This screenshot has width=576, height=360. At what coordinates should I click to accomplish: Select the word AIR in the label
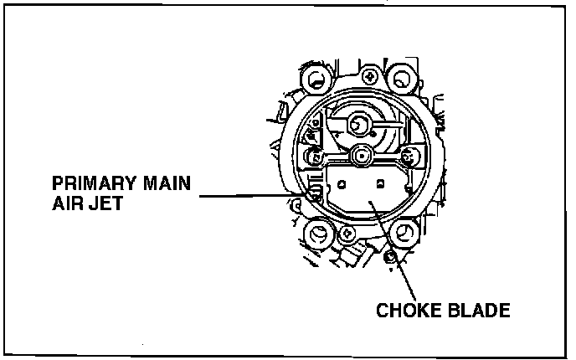tap(69, 203)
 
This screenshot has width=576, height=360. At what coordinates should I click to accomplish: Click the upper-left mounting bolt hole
tap(317, 81)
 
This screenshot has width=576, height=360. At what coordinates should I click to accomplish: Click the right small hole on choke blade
tap(380, 182)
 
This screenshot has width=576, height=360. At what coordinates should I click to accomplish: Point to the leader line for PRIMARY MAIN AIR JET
tap(251, 193)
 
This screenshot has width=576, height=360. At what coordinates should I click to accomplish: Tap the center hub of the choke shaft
tap(362, 154)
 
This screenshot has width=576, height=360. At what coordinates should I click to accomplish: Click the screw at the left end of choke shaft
tap(317, 156)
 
